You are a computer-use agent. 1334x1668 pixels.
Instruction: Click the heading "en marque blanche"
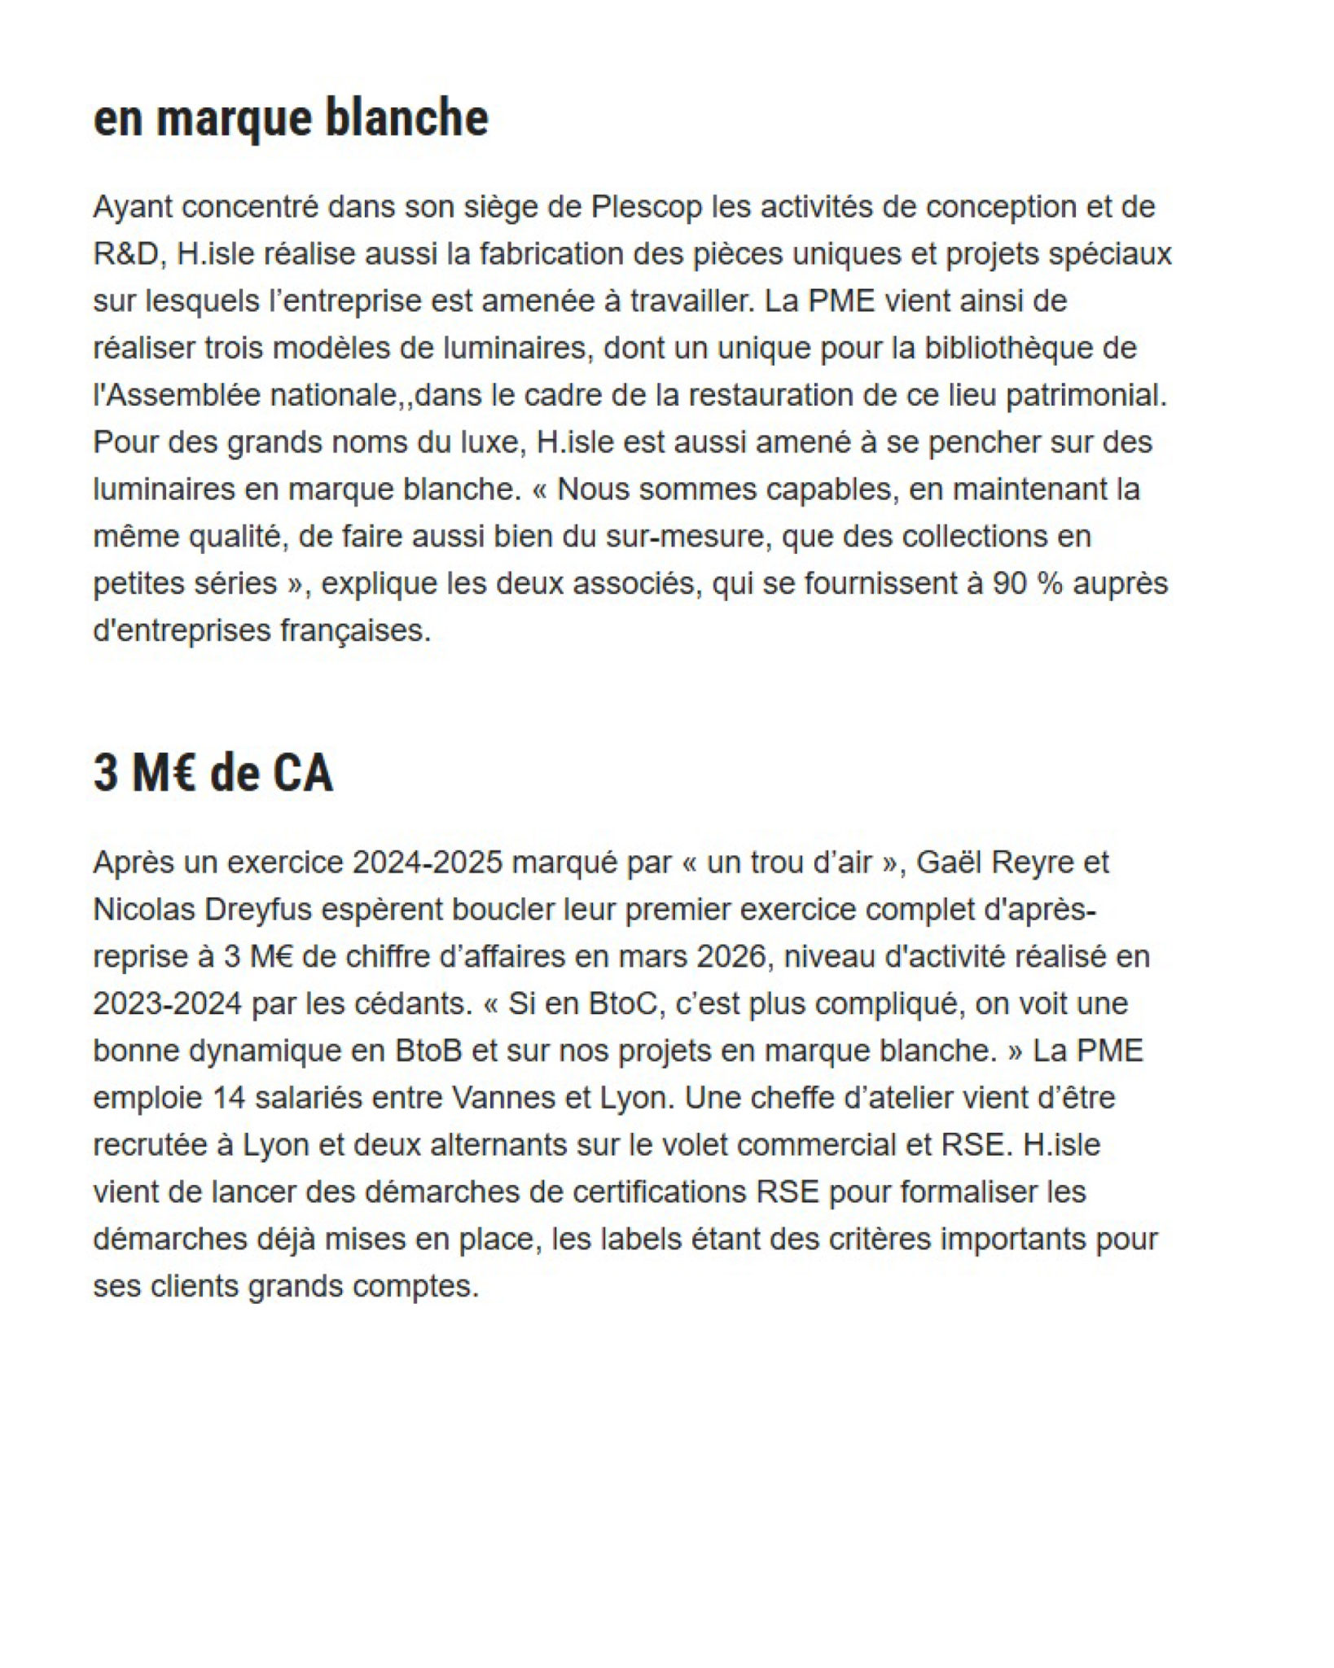point(291,118)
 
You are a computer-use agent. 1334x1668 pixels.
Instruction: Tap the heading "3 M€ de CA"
point(213,773)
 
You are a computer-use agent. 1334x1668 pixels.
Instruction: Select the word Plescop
point(647,207)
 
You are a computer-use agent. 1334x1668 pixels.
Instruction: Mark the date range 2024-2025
point(428,862)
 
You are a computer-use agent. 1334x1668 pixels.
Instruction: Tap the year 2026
point(731,956)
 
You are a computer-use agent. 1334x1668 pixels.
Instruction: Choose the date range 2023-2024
point(167,1003)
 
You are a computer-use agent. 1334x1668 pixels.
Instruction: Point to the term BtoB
point(429,1051)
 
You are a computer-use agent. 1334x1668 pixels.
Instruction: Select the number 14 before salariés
point(229,1098)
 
